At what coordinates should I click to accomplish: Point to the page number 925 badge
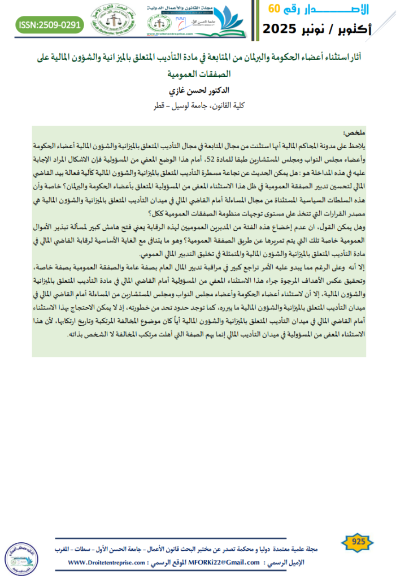point(359,542)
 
